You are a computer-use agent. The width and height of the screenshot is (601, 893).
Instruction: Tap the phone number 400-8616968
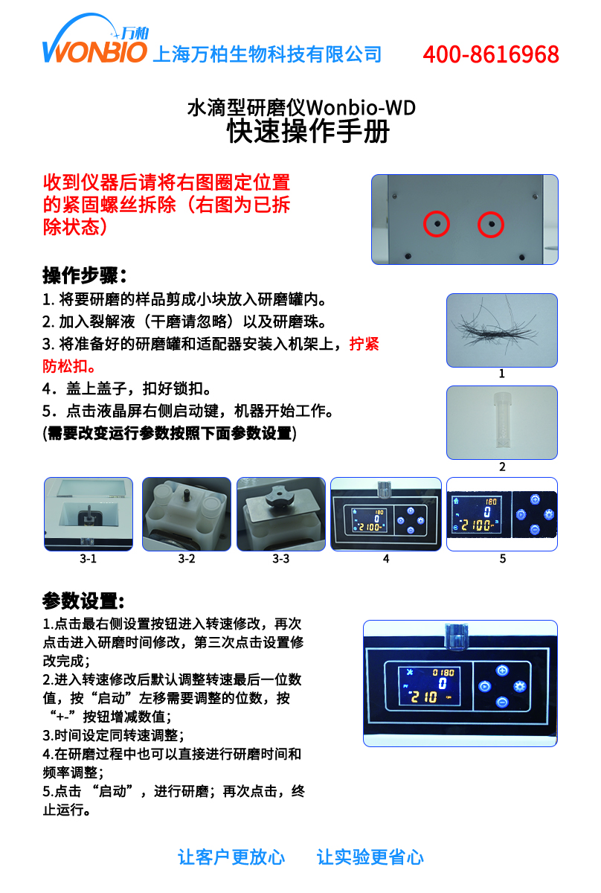click(491, 54)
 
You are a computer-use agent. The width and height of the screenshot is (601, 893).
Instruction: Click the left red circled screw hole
click(437, 223)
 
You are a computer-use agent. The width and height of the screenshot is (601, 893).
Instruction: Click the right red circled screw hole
click(490, 223)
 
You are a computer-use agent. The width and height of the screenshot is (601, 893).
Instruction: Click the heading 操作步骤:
click(85, 275)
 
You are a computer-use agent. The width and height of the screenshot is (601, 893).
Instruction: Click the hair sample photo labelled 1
click(501, 329)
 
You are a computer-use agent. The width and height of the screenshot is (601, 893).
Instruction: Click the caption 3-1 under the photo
click(88, 558)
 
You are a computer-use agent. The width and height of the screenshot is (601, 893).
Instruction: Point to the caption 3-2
click(186, 558)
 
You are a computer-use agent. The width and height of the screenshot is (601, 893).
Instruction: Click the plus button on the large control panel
click(502, 670)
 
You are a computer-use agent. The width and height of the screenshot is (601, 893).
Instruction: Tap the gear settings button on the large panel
click(520, 686)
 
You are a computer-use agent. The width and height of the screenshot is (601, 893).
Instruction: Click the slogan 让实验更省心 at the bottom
click(370, 857)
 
